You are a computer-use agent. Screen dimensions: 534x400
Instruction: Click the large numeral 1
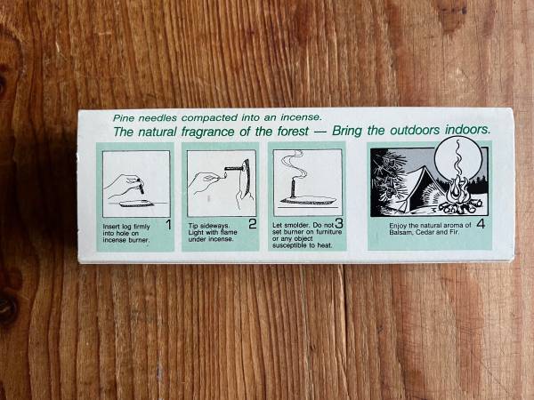coord(168,225)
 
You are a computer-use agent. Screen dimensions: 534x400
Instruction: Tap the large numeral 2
coord(253,224)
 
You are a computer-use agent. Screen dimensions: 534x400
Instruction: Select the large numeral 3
coord(339,223)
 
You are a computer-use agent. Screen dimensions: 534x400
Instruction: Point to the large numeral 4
coord(481,224)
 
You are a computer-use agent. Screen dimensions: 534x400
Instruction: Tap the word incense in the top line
coord(301,117)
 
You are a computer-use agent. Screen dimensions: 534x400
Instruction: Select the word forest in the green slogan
coord(293,131)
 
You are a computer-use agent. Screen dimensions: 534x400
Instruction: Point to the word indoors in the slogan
coord(468,130)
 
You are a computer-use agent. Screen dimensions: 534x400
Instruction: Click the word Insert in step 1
coord(110,227)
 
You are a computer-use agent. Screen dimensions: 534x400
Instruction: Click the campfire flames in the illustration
coord(456,190)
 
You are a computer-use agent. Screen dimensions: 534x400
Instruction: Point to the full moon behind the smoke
coord(458,160)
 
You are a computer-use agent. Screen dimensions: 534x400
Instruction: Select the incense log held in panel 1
coord(141,186)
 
